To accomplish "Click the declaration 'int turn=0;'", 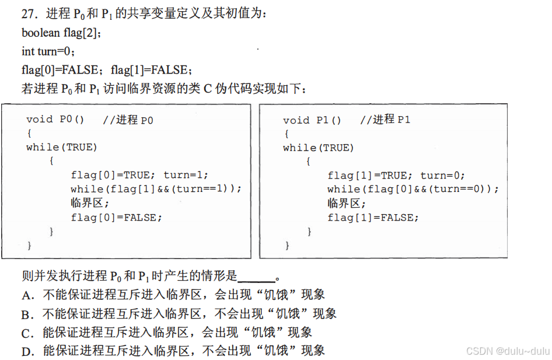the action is click(48, 51).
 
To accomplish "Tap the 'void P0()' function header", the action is click(55, 120).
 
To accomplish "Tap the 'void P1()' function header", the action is click(312, 120).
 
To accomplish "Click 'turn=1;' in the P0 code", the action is click(186, 175).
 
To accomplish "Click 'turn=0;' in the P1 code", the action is click(442, 175).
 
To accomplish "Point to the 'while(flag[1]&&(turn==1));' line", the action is click(156, 189).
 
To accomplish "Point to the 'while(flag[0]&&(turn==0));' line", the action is click(413, 189).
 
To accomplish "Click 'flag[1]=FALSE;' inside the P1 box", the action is click(373, 217).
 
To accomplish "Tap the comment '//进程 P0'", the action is click(128, 120).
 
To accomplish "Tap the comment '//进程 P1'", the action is click(385, 120).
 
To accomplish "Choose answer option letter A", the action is click(26, 295).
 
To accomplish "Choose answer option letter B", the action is click(26, 314).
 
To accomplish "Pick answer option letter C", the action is click(26, 333).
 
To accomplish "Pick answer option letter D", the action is click(26, 352).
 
